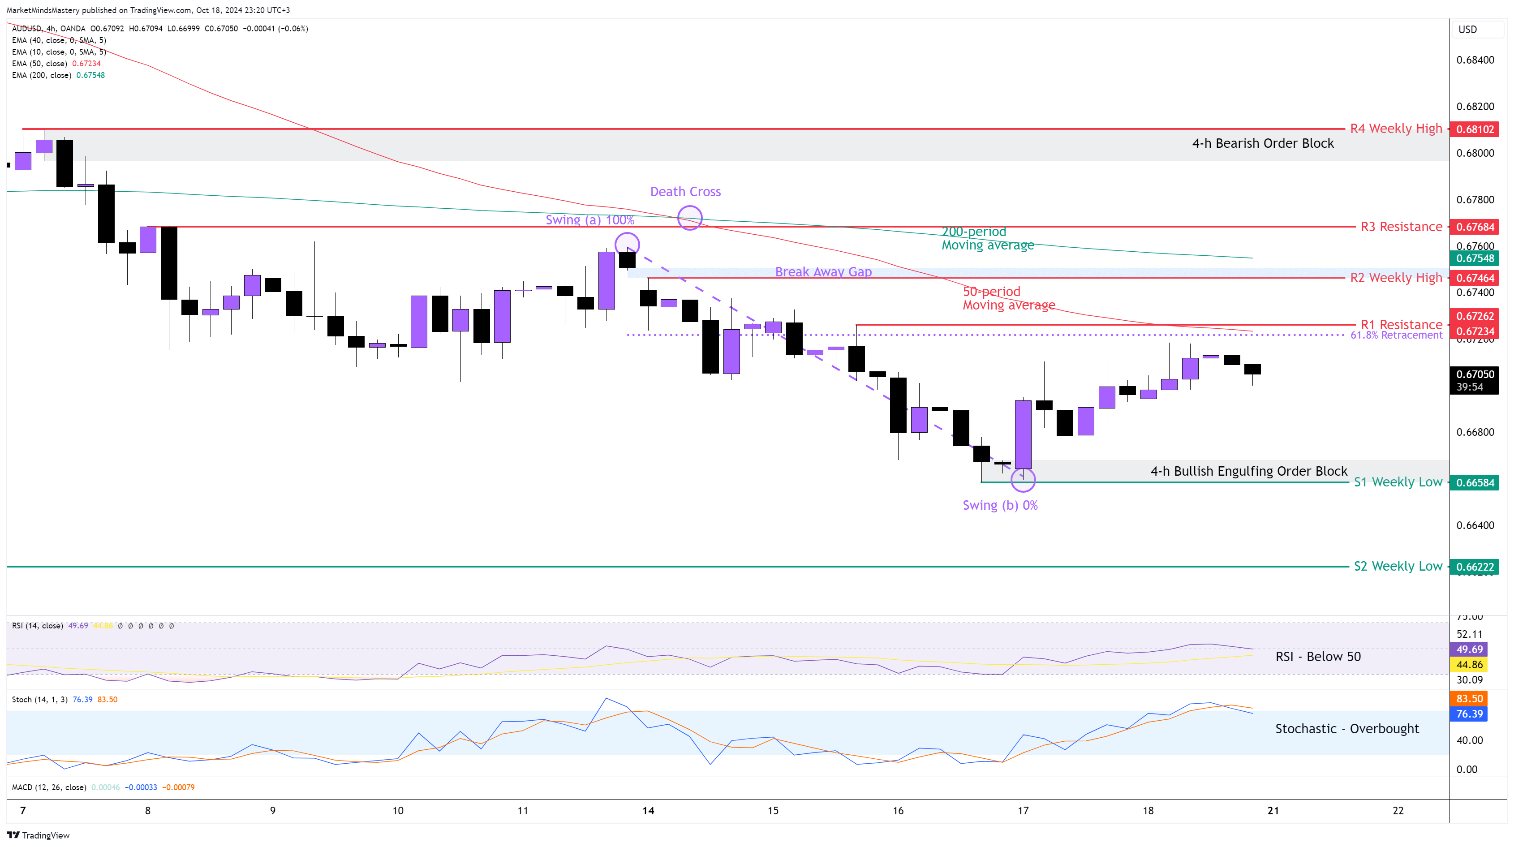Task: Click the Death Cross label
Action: pos(685,192)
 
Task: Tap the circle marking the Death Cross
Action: pos(689,218)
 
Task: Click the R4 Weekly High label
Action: pos(1395,129)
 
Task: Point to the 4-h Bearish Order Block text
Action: pos(1262,143)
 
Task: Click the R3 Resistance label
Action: pos(1401,227)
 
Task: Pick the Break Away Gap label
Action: pos(823,271)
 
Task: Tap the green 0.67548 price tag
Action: pos(1474,258)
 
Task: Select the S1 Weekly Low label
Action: pos(1398,482)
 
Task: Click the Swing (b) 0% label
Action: pos(1000,506)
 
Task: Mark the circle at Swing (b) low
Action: pos(1023,480)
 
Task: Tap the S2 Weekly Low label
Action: pos(1398,566)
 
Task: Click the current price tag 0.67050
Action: pos(1474,374)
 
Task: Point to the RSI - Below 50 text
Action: pos(1318,657)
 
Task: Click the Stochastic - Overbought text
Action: pos(1346,729)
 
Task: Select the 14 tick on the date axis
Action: pos(648,811)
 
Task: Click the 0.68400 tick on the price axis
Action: pos(1475,60)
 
